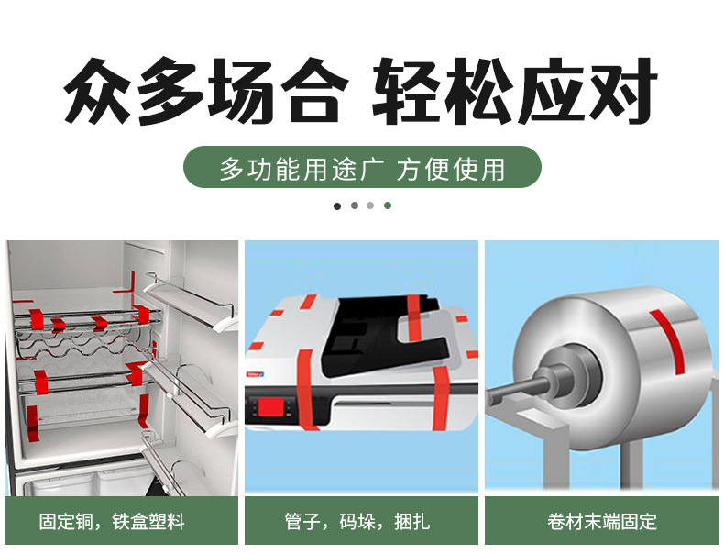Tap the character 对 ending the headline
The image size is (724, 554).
(x=624, y=91)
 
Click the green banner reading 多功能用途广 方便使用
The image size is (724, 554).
(x=362, y=167)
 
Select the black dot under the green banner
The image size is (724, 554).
(x=337, y=206)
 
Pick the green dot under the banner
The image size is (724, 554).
(x=388, y=205)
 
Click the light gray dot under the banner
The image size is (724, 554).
(x=370, y=205)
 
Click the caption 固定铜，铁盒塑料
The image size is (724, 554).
(x=112, y=522)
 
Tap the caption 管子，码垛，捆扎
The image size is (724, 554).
(x=357, y=522)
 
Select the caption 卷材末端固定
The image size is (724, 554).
(x=602, y=522)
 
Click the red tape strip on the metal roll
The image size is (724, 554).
(x=668, y=339)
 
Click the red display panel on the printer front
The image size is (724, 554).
(x=271, y=407)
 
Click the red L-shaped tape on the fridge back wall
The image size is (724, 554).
(x=126, y=283)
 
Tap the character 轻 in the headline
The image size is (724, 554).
(x=406, y=91)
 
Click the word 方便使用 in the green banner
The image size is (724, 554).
(x=451, y=168)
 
